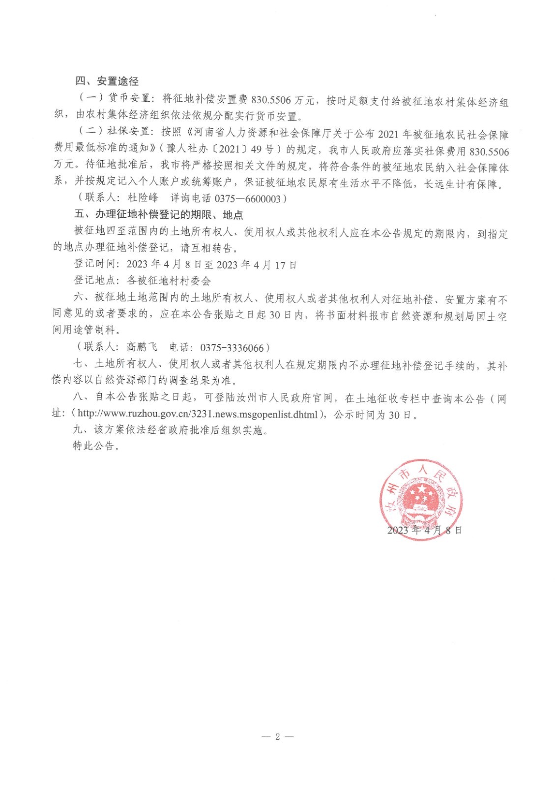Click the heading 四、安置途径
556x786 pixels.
point(107,81)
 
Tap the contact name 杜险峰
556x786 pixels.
point(143,197)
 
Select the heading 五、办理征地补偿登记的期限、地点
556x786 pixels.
point(158,215)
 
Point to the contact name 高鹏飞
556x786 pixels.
point(142,347)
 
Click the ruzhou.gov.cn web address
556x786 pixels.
point(198,414)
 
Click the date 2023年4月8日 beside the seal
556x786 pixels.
point(424,530)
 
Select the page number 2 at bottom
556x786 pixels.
point(277,736)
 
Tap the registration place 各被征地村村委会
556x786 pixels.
point(169,281)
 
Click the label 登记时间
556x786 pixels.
point(94,264)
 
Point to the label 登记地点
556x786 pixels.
point(94,281)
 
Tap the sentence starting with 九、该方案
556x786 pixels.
point(171,430)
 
